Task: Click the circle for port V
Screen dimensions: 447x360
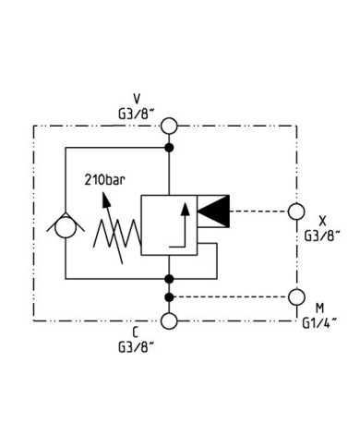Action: (x=169, y=126)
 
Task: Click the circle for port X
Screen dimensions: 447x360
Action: (x=296, y=211)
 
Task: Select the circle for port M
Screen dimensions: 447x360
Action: (x=296, y=296)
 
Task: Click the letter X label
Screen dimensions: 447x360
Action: (x=322, y=221)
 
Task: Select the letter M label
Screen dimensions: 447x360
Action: (x=319, y=308)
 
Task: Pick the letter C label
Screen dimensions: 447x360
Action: (x=136, y=332)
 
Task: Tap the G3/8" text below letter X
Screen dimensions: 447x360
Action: (x=322, y=236)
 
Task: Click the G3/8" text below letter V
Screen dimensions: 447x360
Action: (x=136, y=114)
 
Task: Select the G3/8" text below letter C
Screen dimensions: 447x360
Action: (x=136, y=347)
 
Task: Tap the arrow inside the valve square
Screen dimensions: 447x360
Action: (x=185, y=226)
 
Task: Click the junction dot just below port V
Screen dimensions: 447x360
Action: (x=169, y=148)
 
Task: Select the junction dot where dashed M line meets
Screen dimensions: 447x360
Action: (x=169, y=296)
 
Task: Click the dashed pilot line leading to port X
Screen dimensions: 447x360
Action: (x=258, y=211)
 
